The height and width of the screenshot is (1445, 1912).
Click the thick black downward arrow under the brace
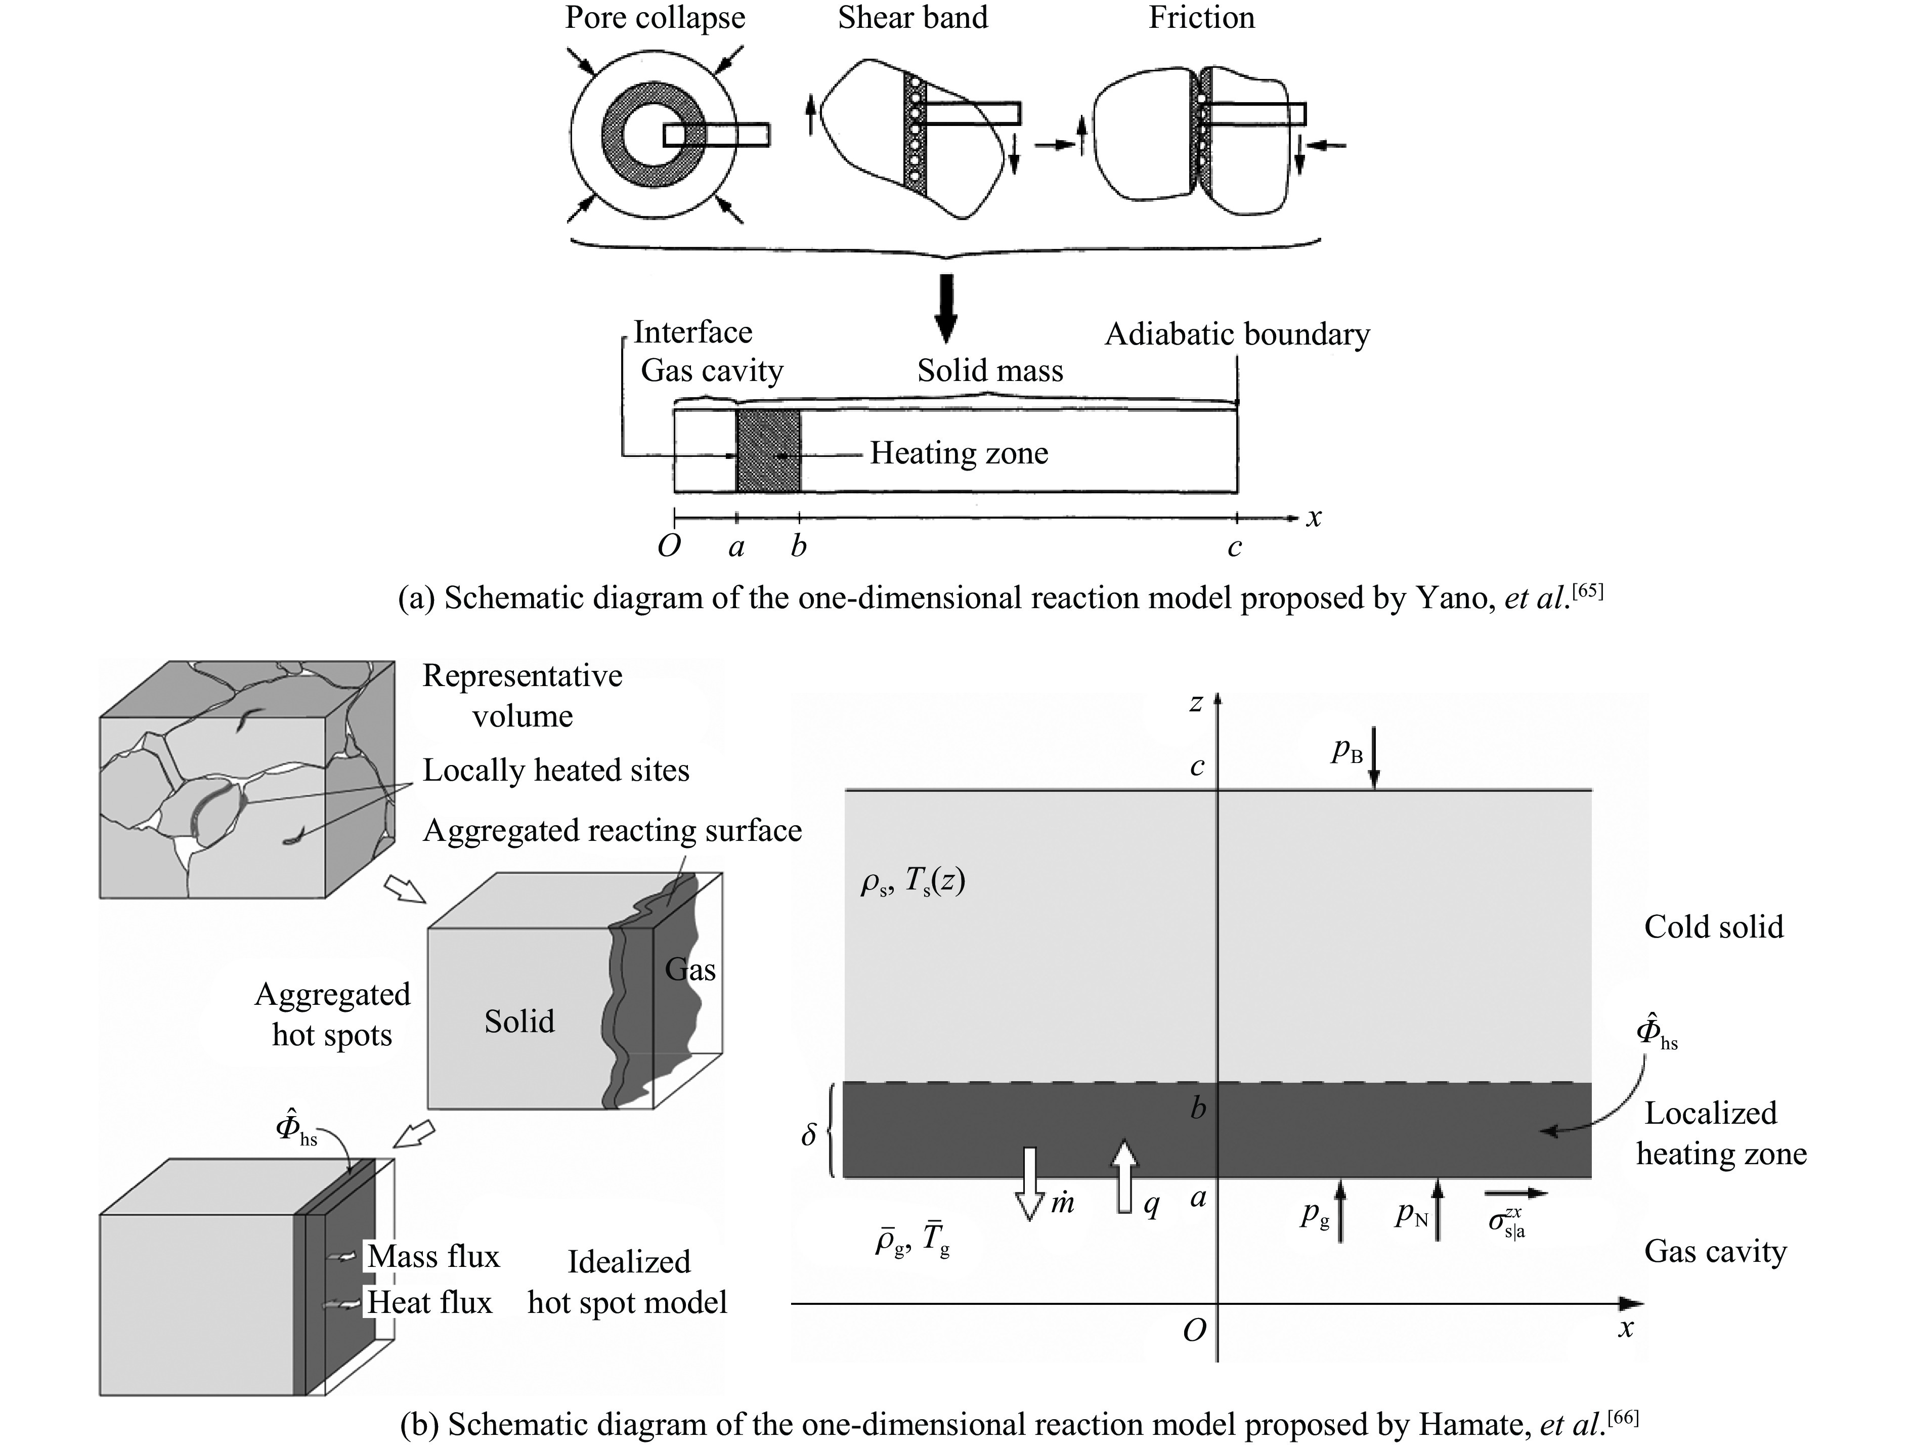click(947, 308)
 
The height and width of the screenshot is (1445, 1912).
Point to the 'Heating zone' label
click(959, 453)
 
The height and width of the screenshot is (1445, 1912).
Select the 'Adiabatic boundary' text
click(1237, 334)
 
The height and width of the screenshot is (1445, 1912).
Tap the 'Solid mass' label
click(990, 371)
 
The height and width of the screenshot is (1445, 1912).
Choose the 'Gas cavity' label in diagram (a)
click(711, 371)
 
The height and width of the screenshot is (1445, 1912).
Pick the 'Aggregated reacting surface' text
click(612, 831)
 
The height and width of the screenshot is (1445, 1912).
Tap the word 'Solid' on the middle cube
click(518, 1022)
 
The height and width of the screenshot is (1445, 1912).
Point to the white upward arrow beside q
click(1124, 1176)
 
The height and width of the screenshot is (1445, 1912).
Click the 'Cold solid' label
click(1713, 927)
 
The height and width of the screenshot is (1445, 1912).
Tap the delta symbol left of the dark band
click(808, 1134)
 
